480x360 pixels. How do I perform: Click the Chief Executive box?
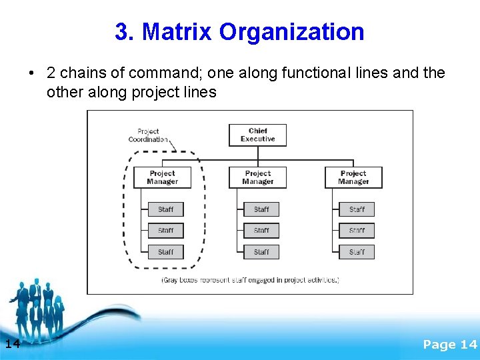[257, 135]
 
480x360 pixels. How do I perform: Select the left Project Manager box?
[162, 177]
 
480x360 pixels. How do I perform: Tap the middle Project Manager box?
[257, 177]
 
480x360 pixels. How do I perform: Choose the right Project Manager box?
[353, 177]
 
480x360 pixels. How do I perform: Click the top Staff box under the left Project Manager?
[165, 209]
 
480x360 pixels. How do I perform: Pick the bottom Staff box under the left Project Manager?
[165, 252]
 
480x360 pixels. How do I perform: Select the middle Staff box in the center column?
[261, 231]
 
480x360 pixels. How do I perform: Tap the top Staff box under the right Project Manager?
[357, 209]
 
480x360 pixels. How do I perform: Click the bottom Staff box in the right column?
[357, 252]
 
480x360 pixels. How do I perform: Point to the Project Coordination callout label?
[148, 135]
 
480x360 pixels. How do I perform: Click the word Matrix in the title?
[178, 31]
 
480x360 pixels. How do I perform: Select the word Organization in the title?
[291, 31]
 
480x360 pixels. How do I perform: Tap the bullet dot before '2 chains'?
[31, 73]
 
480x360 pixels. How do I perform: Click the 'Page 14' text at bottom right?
[450, 344]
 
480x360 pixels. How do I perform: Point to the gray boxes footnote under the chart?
[250, 280]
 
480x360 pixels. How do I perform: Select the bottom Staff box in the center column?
[261, 252]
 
